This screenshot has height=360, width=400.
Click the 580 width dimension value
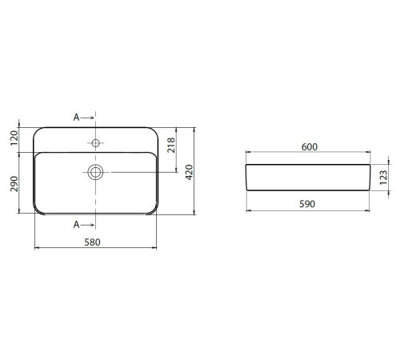click(x=92, y=242)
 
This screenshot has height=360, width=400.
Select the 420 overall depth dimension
click(x=189, y=172)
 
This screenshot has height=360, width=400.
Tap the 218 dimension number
click(x=171, y=146)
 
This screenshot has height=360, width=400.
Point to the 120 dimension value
click(x=14, y=138)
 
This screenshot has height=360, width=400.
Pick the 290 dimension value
click(x=14, y=184)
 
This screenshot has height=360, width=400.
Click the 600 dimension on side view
click(x=310, y=147)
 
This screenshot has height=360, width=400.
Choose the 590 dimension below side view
click(x=307, y=204)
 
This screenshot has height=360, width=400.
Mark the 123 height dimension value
click(x=383, y=178)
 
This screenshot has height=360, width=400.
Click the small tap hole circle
click(x=95, y=143)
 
